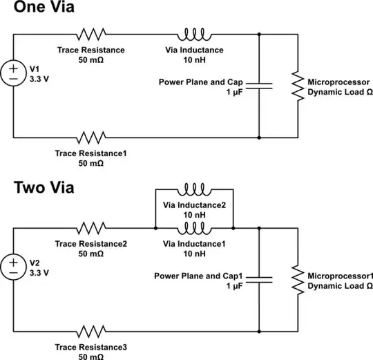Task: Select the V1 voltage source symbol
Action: (x=15, y=72)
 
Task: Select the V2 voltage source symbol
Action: (x=15, y=266)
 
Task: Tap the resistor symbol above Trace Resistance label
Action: (x=92, y=33)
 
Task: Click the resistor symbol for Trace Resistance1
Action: (x=92, y=138)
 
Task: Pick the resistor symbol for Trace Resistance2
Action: (x=92, y=227)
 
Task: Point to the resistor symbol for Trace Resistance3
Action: (x=92, y=332)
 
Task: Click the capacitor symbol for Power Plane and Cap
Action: (x=259, y=86)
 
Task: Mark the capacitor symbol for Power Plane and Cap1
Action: (x=259, y=279)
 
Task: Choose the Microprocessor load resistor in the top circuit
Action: (x=296, y=86)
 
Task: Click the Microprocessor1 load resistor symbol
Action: (x=296, y=280)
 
